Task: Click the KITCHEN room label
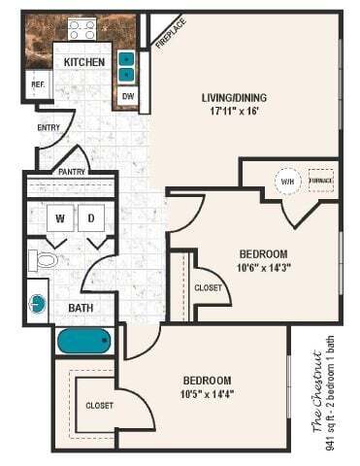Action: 84,62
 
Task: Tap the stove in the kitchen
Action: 82,29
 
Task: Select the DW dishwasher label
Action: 128,96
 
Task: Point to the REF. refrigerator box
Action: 38,84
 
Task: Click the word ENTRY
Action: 49,126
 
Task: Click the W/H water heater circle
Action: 287,182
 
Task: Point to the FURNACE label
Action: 320,182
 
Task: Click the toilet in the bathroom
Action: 44,260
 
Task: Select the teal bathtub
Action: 87,341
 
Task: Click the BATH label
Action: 81,309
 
